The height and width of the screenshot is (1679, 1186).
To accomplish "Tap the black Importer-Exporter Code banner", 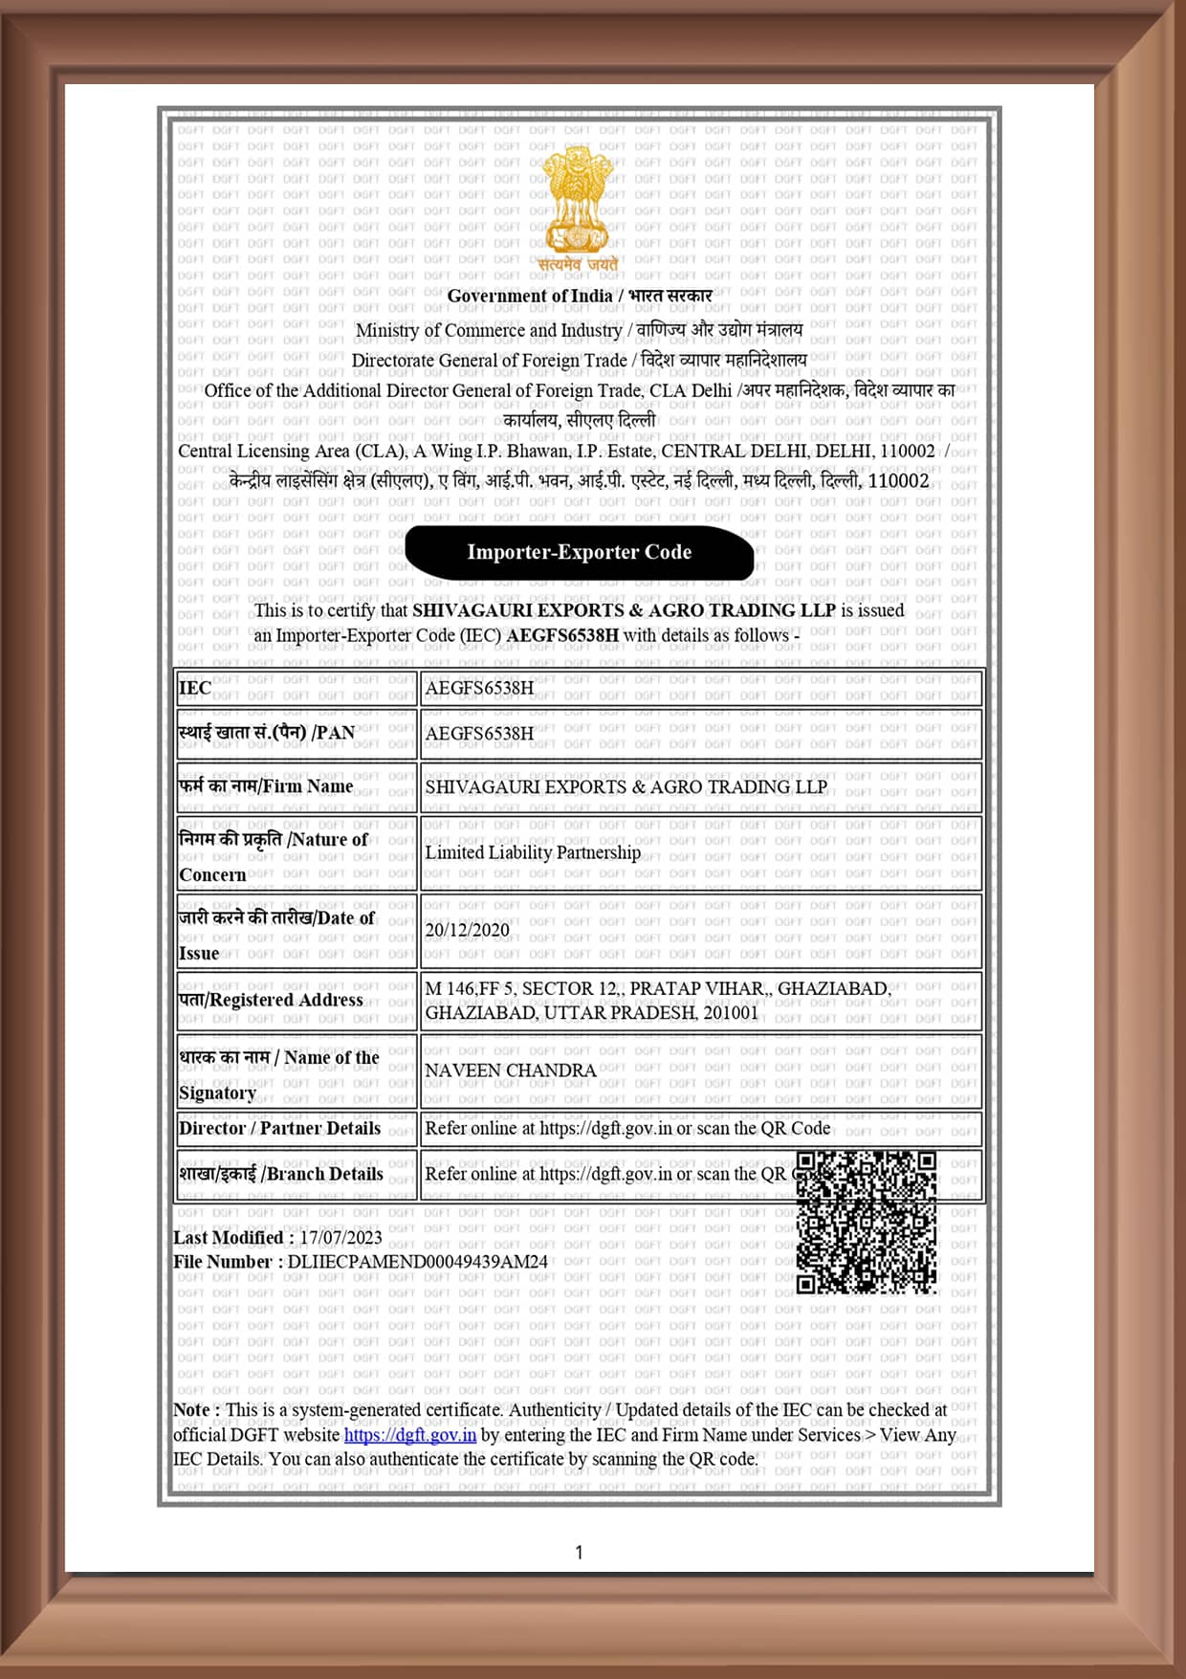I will [579, 552].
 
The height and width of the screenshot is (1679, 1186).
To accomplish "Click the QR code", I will [867, 1222].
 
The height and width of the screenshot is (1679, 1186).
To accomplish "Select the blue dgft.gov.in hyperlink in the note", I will [409, 1435].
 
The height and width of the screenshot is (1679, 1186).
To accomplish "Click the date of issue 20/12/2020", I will [467, 930].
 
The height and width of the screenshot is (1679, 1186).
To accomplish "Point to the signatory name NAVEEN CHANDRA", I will [510, 1071].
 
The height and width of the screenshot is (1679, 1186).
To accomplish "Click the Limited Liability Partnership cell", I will [533, 852].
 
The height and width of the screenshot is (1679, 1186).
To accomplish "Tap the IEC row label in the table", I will [195, 688].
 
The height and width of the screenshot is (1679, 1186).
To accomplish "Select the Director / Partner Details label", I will [279, 1129].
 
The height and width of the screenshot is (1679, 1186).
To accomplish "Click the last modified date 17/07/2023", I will [340, 1238].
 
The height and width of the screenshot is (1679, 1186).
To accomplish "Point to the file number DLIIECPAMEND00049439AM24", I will [417, 1262].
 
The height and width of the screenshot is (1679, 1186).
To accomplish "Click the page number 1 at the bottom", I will [579, 1552].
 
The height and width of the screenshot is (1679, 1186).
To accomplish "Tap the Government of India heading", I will [529, 297].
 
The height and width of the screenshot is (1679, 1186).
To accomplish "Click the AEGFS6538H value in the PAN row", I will [479, 734].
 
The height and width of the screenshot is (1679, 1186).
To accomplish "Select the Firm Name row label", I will [266, 786].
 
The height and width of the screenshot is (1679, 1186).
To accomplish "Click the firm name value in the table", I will [626, 787].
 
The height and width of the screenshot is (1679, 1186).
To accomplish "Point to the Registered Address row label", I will [271, 1000].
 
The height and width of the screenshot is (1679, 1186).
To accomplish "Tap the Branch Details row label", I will [280, 1175].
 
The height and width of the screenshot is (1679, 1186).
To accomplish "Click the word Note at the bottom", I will [191, 1410].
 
